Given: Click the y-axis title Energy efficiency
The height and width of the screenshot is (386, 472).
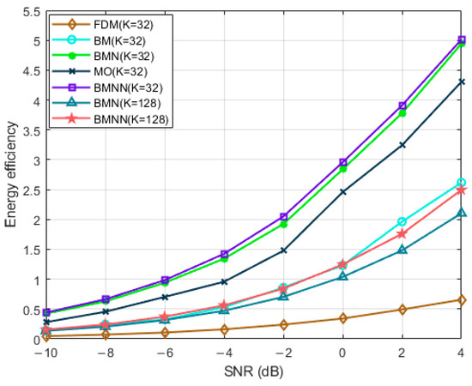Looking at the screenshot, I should [x=11, y=176].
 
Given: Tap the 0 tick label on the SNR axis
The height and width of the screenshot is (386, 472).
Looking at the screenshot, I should [x=342, y=354].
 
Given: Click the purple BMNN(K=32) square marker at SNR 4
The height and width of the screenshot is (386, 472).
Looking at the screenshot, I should [x=462, y=39].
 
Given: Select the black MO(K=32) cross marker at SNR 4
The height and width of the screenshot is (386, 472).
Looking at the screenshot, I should [x=462, y=81].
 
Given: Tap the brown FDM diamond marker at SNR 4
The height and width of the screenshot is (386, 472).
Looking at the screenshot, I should [x=462, y=299].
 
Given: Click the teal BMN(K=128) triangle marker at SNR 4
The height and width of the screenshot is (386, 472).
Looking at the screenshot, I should [x=462, y=213].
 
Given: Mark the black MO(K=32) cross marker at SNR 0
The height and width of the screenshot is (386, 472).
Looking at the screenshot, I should [x=342, y=192].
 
